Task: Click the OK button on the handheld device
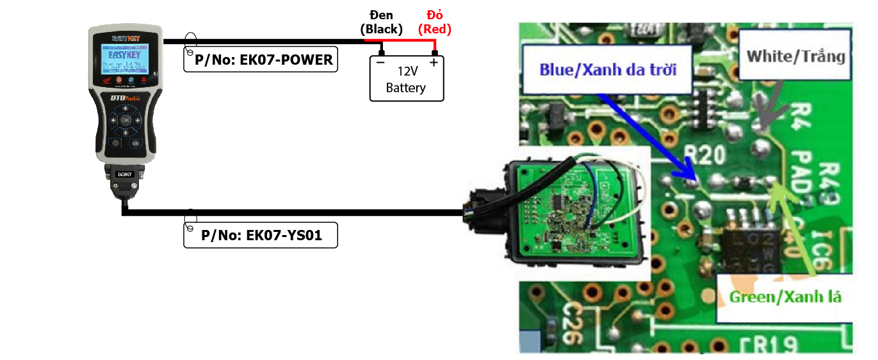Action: tap(125, 120)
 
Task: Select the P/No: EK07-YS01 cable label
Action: tap(261, 236)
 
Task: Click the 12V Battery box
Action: tap(406, 79)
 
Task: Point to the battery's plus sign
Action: tap(434, 62)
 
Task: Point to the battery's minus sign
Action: tap(380, 63)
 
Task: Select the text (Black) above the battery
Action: tap(382, 29)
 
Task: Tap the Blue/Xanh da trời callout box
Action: tap(608, 69)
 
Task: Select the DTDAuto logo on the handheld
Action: tap(125, 97)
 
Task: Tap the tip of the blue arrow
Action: tap(694, 178)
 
